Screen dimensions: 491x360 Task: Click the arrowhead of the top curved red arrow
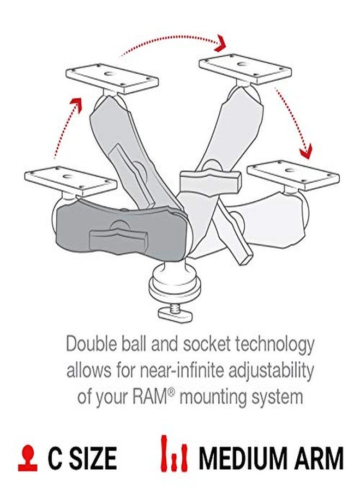point(221,41)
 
